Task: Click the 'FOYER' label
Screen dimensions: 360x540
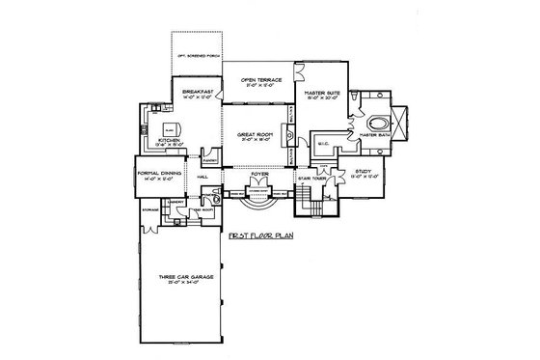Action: click(259, 176)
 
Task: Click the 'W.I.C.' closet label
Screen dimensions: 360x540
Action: click(324, 145)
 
